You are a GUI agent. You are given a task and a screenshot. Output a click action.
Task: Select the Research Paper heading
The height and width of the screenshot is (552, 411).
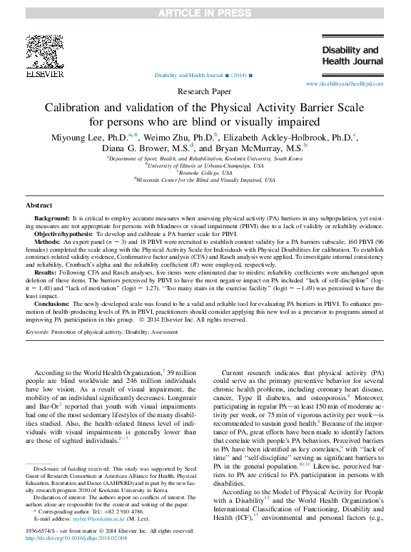pos(205,92)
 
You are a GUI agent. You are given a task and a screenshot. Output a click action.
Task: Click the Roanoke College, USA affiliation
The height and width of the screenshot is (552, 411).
pos(205,173)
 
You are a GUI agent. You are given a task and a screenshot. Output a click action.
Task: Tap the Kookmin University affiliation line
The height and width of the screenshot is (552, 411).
pos(205,158)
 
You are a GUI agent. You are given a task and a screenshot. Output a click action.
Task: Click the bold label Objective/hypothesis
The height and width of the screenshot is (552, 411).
pos(66,233)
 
